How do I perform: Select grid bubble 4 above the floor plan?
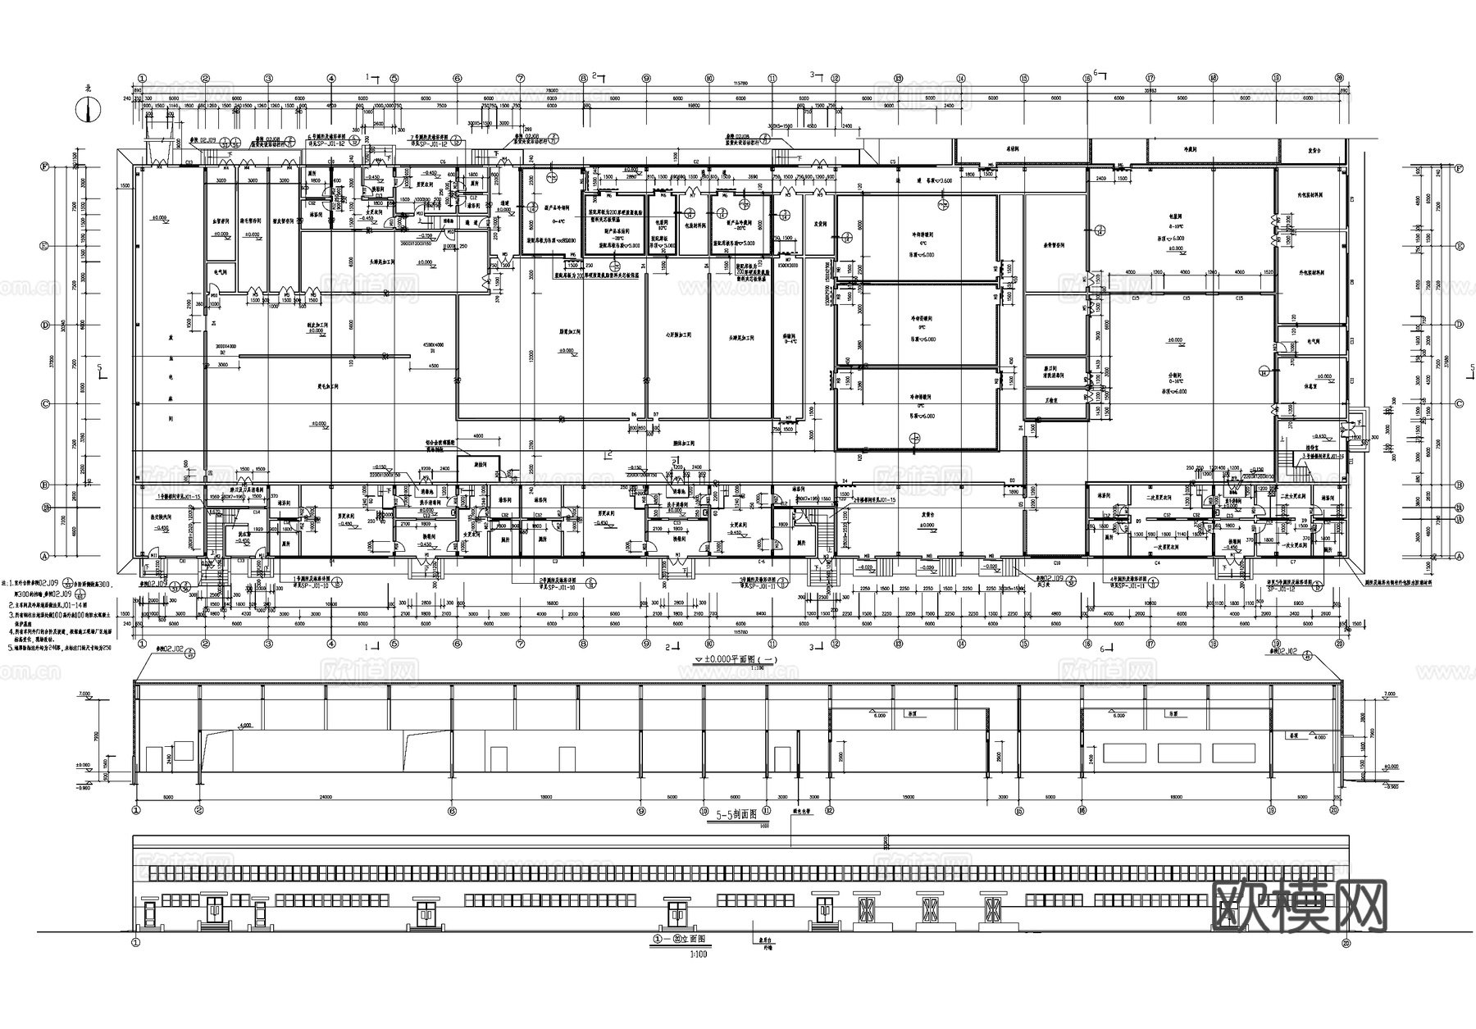331,79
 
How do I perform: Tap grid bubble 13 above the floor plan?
898,79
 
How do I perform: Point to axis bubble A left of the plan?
47,555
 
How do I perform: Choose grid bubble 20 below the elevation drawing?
1344,944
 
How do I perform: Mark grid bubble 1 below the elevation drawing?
135,944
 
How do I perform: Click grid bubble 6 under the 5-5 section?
452,809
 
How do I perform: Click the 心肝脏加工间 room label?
677,336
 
